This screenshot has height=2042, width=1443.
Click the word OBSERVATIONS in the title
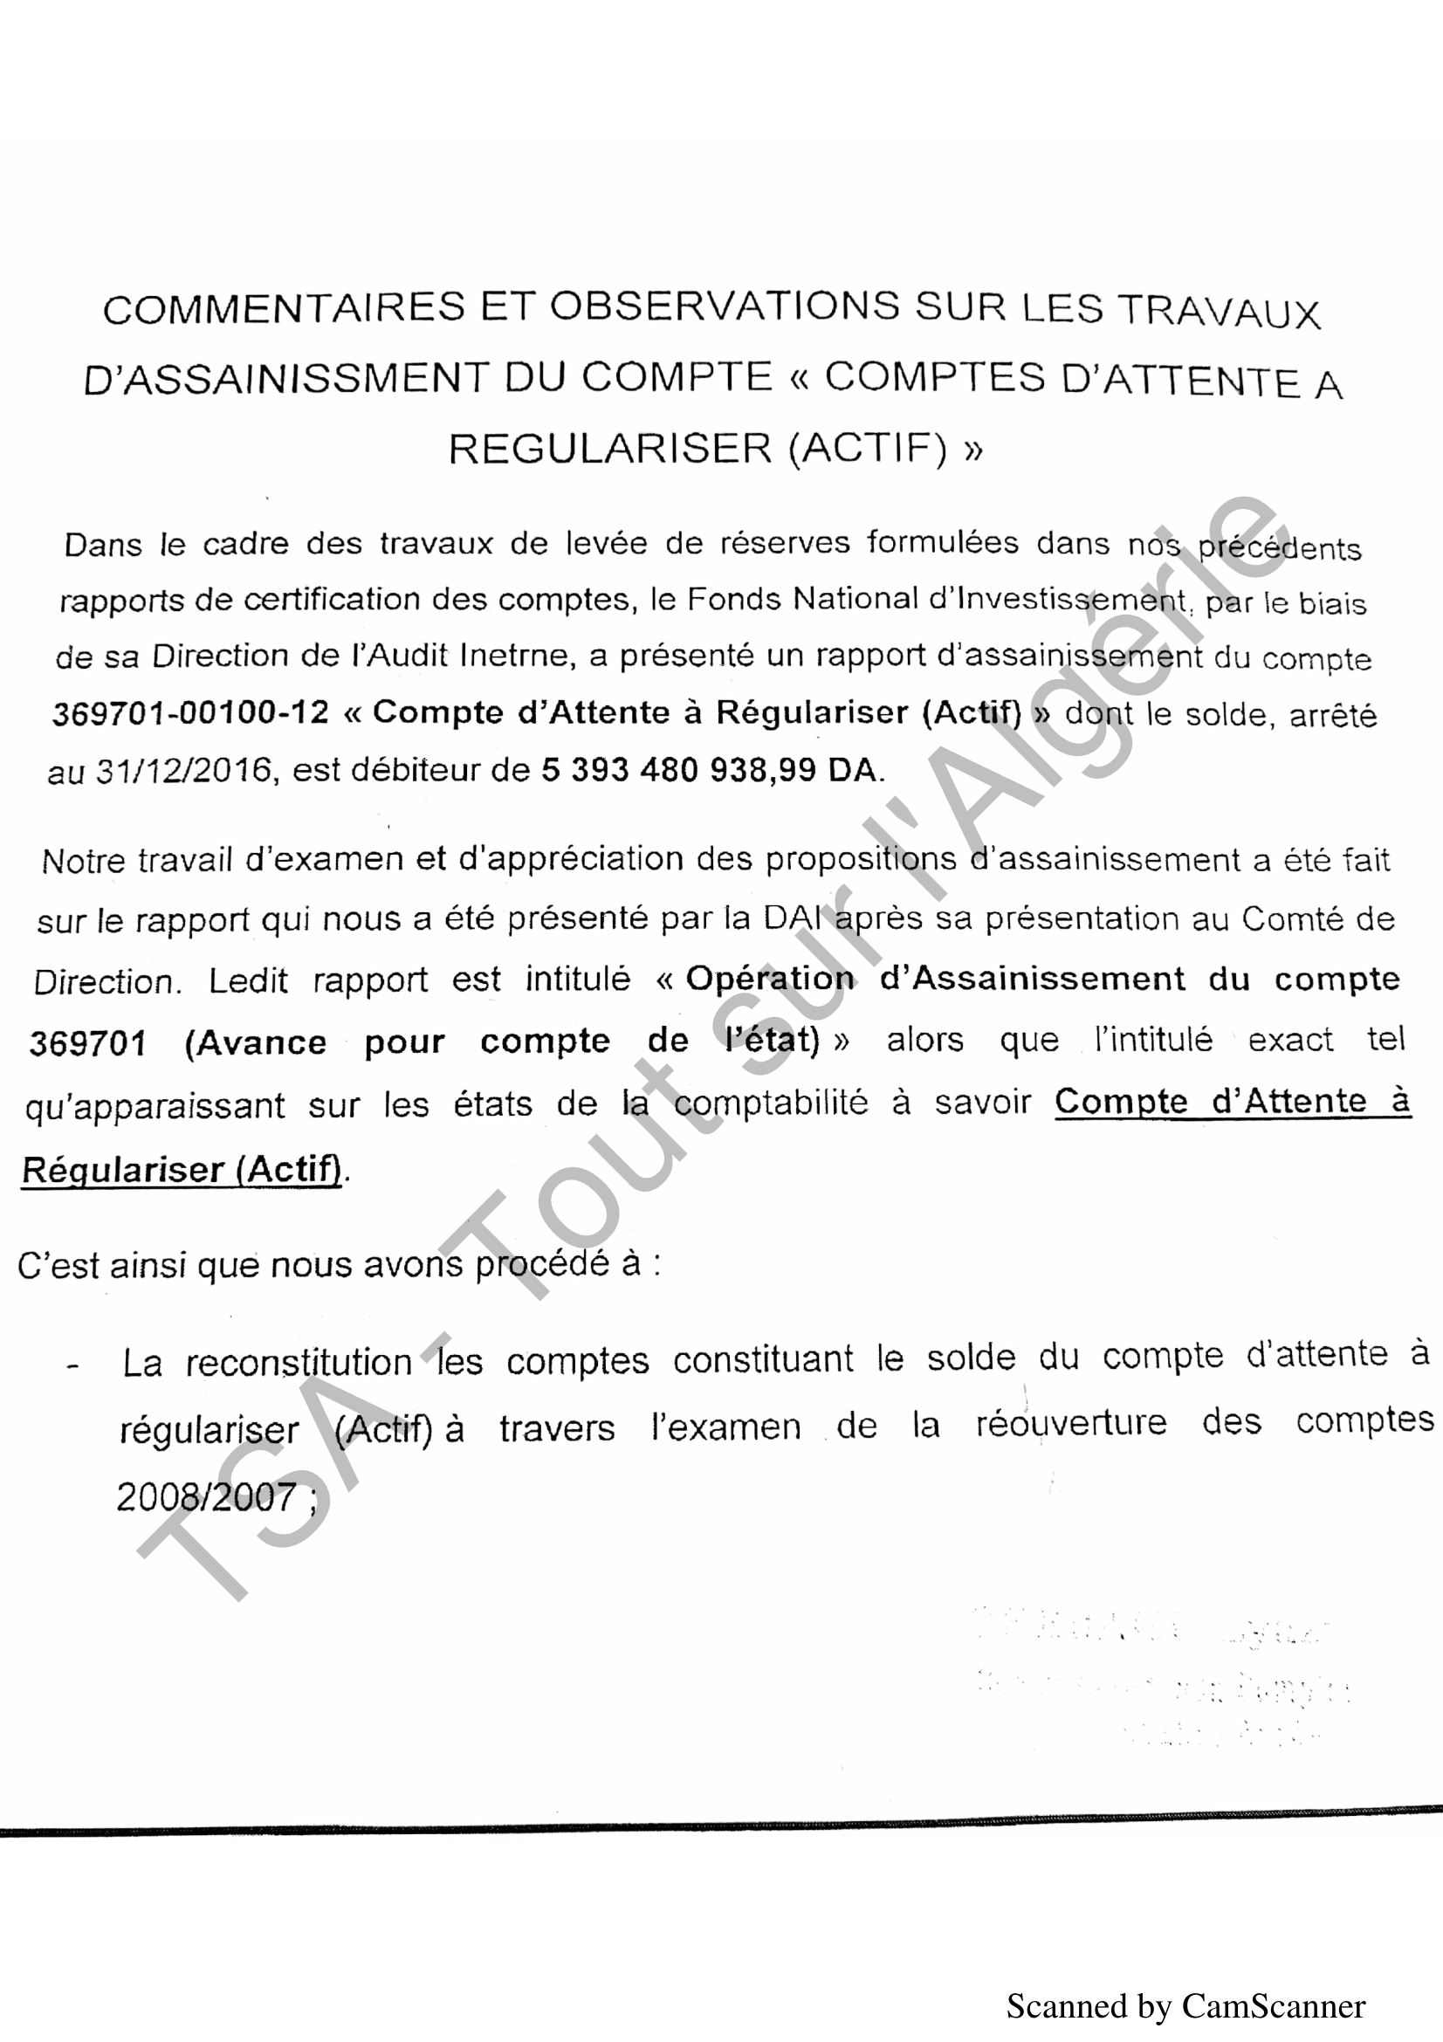(724, 306)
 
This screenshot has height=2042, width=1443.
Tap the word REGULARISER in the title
(610, 448)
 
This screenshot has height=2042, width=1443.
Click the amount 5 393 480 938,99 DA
(709, 770)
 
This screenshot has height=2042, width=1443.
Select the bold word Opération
(770, 980)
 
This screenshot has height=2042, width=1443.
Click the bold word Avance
(255, 1042)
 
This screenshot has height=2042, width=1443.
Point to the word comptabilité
(770, 1104)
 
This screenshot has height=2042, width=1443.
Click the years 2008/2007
(206, 1498)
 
